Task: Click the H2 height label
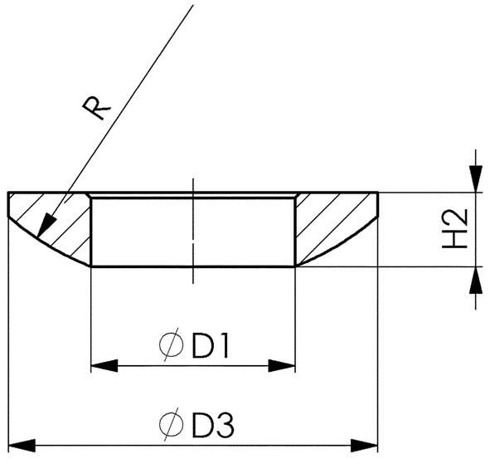[454, 229]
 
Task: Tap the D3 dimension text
[213, 425]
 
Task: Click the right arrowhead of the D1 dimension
[284, 366]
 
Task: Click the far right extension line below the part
[378, 332]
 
